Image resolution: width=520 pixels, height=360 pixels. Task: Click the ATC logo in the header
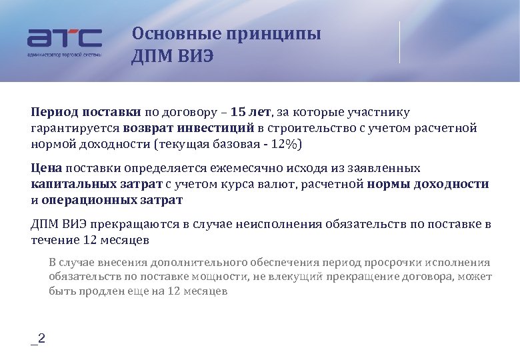[64, 38]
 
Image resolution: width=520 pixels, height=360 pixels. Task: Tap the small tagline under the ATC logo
[64, 55]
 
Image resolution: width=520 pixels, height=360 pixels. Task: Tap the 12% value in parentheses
[285, 144]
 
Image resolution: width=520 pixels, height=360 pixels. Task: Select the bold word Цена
[46, 168]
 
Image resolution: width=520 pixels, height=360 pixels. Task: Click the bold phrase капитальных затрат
[96, 184]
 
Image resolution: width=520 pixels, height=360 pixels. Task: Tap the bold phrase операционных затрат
[111, 200]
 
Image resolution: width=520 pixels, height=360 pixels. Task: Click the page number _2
[38, 339]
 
